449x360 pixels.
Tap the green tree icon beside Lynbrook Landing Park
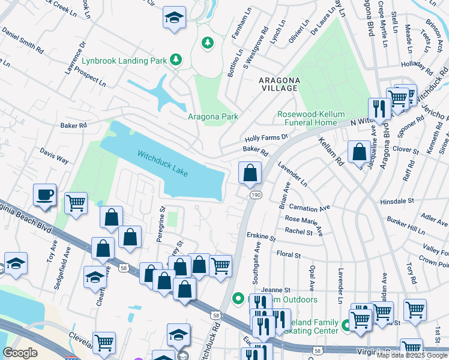tap(176, 59)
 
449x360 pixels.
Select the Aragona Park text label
tap(213, 117)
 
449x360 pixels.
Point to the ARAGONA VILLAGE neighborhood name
tap(278, 84)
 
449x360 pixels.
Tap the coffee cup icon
tap(45, 194)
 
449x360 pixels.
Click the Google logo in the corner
tap(20, 353)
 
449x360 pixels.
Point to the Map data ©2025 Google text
tap(412, 355)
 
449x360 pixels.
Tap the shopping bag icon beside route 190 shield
tap(250, 173)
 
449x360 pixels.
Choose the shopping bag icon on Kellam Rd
tap(359, 152)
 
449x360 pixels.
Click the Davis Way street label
tap(54, 158)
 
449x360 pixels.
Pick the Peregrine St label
tap(161, 223)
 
